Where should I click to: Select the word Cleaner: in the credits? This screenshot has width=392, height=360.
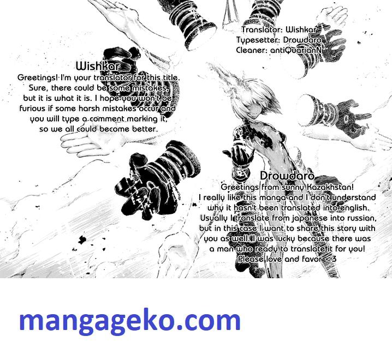[252, 50]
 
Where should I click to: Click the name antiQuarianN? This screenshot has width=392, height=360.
[296, 50]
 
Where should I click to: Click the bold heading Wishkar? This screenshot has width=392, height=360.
[98, 66]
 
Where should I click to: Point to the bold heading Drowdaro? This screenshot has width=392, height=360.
[287, 176]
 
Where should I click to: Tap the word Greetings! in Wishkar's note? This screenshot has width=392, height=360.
[38, 77]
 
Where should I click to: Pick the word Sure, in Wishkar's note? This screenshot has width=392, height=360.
[39, 88]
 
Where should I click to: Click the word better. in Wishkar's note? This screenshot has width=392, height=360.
[145, 129]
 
